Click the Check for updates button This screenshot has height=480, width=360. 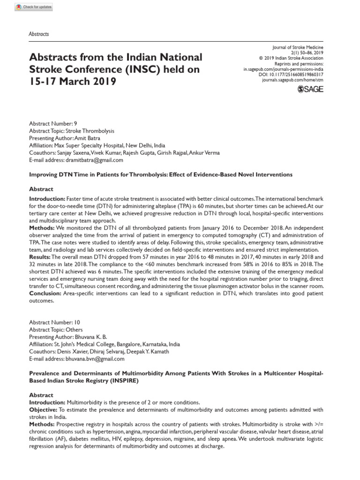click(x=34, y=7)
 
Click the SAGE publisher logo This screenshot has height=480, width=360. click(x=310, y=90)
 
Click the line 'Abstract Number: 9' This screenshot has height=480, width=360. click(x=53, y=124)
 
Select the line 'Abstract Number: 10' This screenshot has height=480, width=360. click(x=55, y=323)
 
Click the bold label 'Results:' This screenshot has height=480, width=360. click(x=39, y=257)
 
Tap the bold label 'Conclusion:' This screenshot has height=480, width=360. click(x=44, y=293)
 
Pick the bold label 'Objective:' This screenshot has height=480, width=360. click(x=44, y=410)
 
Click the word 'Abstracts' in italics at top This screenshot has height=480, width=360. click(x=39, y=34)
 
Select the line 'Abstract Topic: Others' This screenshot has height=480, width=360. click(x=56, y=330)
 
